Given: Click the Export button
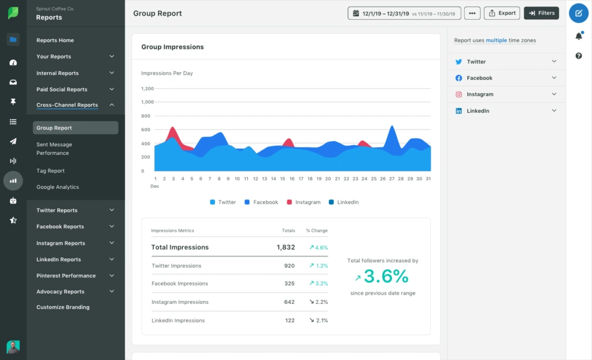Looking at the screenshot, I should click(502, 13).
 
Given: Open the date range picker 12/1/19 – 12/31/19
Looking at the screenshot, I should click(404, 13).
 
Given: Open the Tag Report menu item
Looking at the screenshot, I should click(50, 171).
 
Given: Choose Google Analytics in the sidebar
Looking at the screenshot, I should click(57, 187).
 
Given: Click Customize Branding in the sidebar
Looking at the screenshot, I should click(63, 307).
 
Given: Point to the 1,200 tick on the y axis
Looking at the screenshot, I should click(147, 88).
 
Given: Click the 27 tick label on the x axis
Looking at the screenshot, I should click(391, 179).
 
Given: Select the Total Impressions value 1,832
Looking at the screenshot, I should click(286, 247).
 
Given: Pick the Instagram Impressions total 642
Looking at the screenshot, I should click(289, 302).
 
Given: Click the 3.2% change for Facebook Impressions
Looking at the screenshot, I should click(319, 284).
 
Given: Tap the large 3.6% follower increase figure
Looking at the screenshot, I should click(386, 276).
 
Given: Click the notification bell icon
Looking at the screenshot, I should click(579, 36).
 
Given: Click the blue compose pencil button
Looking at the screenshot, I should click(579, 13).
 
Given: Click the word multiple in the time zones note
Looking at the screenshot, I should click(496, 40).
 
